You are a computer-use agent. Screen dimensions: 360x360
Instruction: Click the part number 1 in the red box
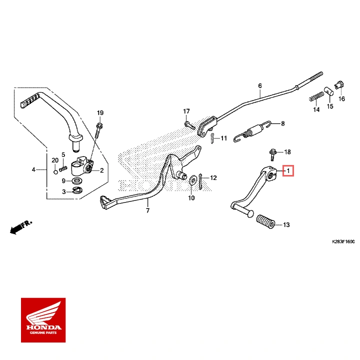(x=288, y=170)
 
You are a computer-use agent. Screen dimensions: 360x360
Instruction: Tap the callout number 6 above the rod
(x=260, y=86)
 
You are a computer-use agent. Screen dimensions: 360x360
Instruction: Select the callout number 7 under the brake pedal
(x=147, y=211)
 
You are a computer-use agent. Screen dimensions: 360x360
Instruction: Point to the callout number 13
(x=286, y=225)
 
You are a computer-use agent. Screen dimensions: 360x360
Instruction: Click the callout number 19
(x=99, y=112)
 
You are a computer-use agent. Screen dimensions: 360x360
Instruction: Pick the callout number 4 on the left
(x=34, y=170)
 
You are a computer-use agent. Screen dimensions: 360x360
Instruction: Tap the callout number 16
(x=342, y=99)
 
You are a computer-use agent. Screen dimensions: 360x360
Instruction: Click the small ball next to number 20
(x=55, y=173)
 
